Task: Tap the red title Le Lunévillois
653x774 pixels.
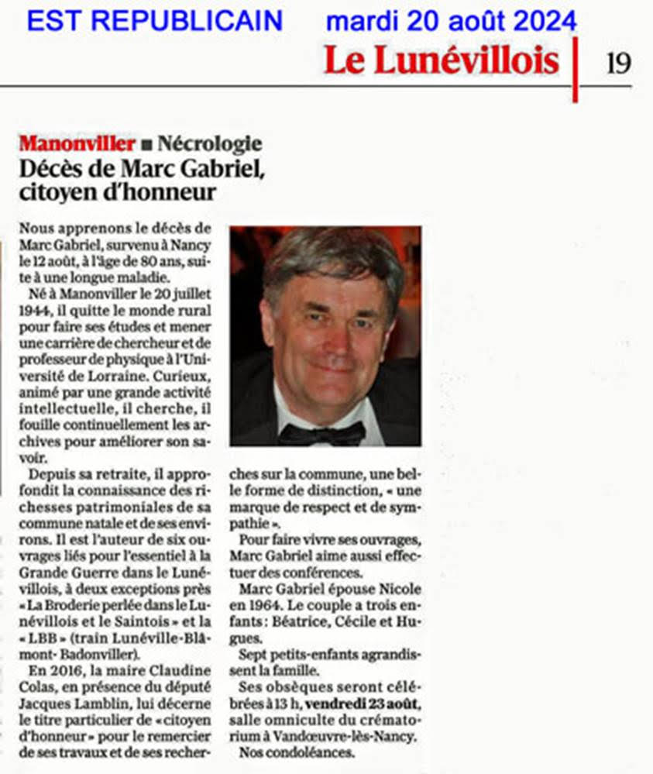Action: pyautogui.click(x=442, y=60)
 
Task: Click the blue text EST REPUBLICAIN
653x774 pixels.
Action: pyautogui.click(x=155, y=20)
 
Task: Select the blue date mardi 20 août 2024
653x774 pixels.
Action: pyautogui.click(x=451, y=20)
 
